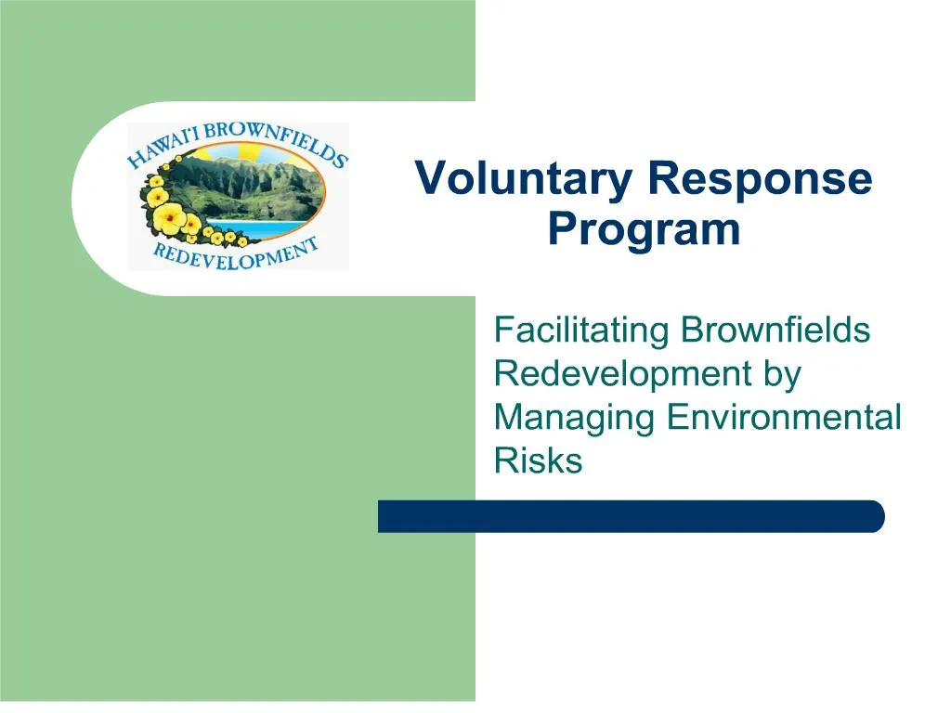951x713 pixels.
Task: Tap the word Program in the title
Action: pos(644,229)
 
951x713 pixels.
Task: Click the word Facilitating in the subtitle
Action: pos(581,330)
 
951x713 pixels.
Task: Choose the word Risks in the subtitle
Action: pos(538,460)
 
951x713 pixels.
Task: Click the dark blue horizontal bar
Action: pos(631,516)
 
